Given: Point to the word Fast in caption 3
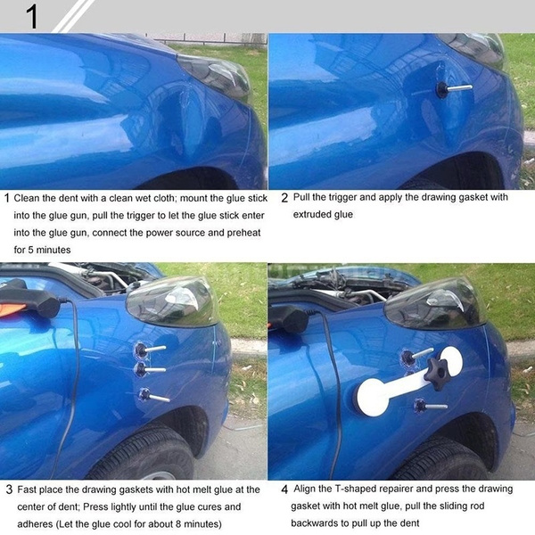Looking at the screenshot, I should (x=26, y=490).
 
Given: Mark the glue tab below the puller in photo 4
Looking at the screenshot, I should (x=418, y=406).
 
